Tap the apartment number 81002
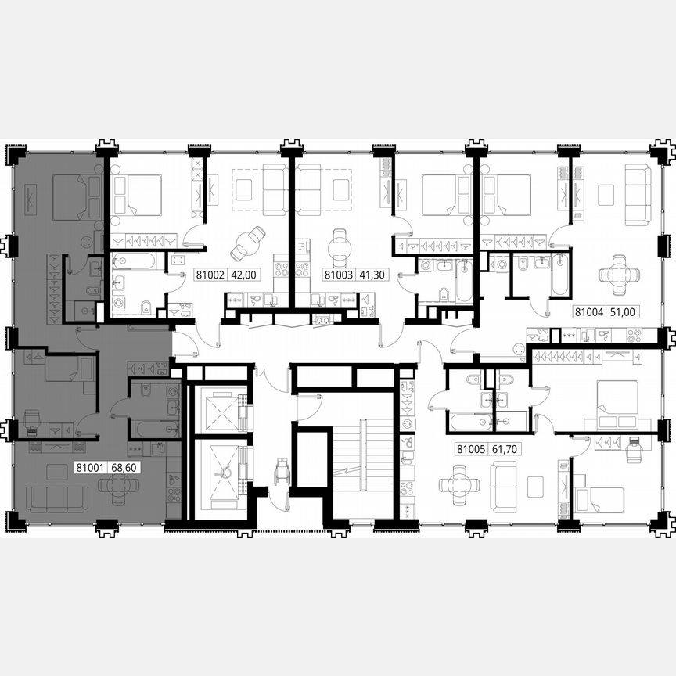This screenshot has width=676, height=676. tap(208, 275)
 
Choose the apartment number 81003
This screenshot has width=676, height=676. tap(338, 275)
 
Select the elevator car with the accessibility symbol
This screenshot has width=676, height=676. tap(220, 470)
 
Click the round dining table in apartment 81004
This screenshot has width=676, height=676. tap(618, 273)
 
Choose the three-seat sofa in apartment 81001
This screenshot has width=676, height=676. tap(56, 498)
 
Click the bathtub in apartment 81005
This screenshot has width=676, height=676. tap(471, 422)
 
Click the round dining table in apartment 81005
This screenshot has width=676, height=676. tap(455, 485)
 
